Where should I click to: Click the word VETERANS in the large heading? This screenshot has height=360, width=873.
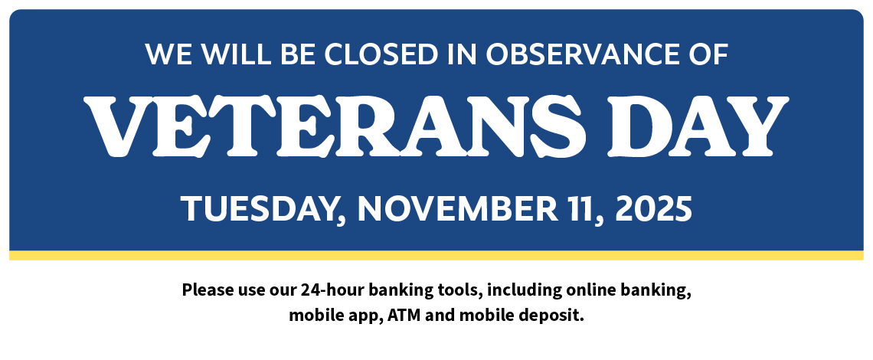[335, 126]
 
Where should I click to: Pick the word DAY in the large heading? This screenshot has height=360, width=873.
[698, 126]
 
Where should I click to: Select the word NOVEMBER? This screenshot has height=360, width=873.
[457, 208]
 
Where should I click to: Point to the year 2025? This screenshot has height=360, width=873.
[653, 208]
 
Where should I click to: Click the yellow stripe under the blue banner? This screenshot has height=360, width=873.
[436, 255]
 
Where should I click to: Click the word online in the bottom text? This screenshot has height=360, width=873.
[586, 290]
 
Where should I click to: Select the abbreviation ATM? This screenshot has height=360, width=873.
[400, 316]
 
